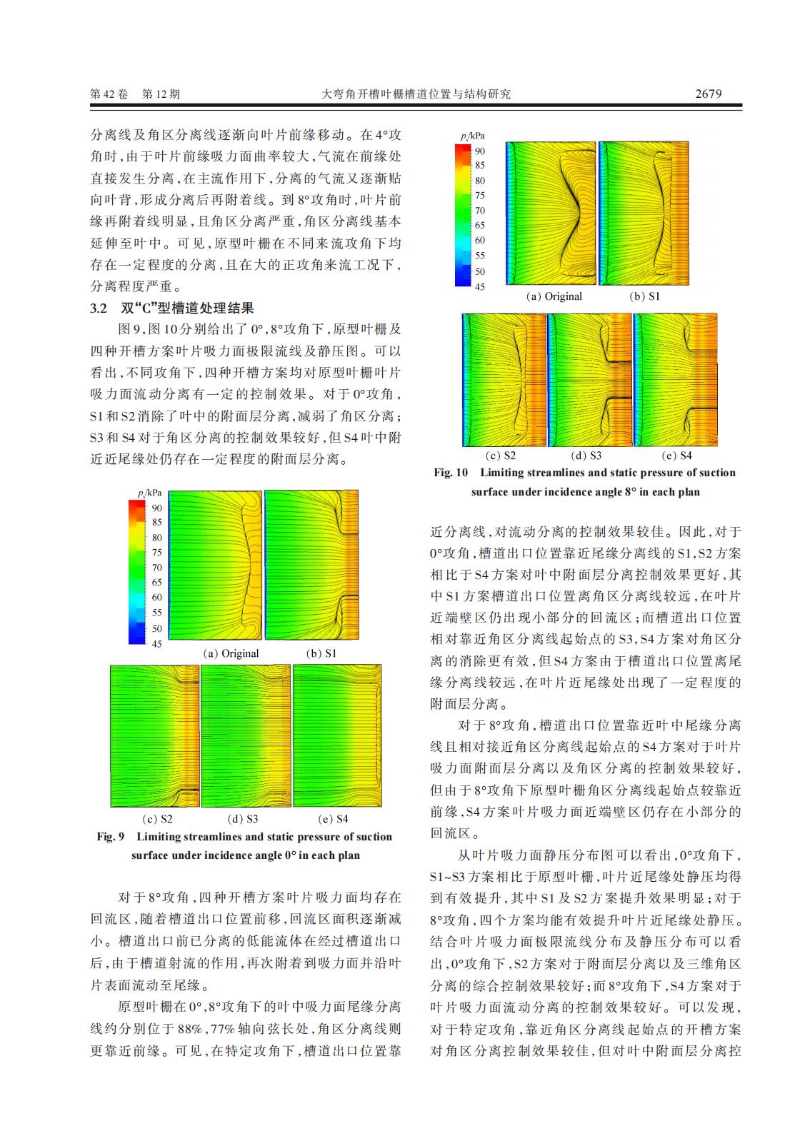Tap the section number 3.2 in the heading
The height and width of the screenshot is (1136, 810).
coord(99,308)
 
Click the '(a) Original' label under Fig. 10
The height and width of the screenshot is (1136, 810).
coord(554,296)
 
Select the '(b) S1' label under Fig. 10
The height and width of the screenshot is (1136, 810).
coord(644,296)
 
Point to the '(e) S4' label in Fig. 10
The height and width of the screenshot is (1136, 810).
coord(676,456)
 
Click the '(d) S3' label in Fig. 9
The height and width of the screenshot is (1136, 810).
coord(243,819)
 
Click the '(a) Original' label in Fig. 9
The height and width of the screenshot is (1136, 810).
coord(231,653)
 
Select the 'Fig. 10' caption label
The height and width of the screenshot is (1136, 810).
coord(451,473)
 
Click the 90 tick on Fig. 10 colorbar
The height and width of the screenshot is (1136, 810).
coord(480,151)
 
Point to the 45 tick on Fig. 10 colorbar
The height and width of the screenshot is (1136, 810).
coord(480,287)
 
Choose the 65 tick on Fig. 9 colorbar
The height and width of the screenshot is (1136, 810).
coord(156,583)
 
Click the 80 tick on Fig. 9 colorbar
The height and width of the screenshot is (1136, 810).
coord(156,538)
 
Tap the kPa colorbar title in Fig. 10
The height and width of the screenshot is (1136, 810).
coord(473,136)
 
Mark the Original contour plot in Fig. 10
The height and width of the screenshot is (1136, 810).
coord(551,213)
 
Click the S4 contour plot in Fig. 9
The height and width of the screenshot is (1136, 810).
coord(337,735)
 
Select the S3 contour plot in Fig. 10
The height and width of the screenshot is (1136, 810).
coord(590,380)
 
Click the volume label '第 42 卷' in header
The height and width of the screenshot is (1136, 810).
coord(109,94)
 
